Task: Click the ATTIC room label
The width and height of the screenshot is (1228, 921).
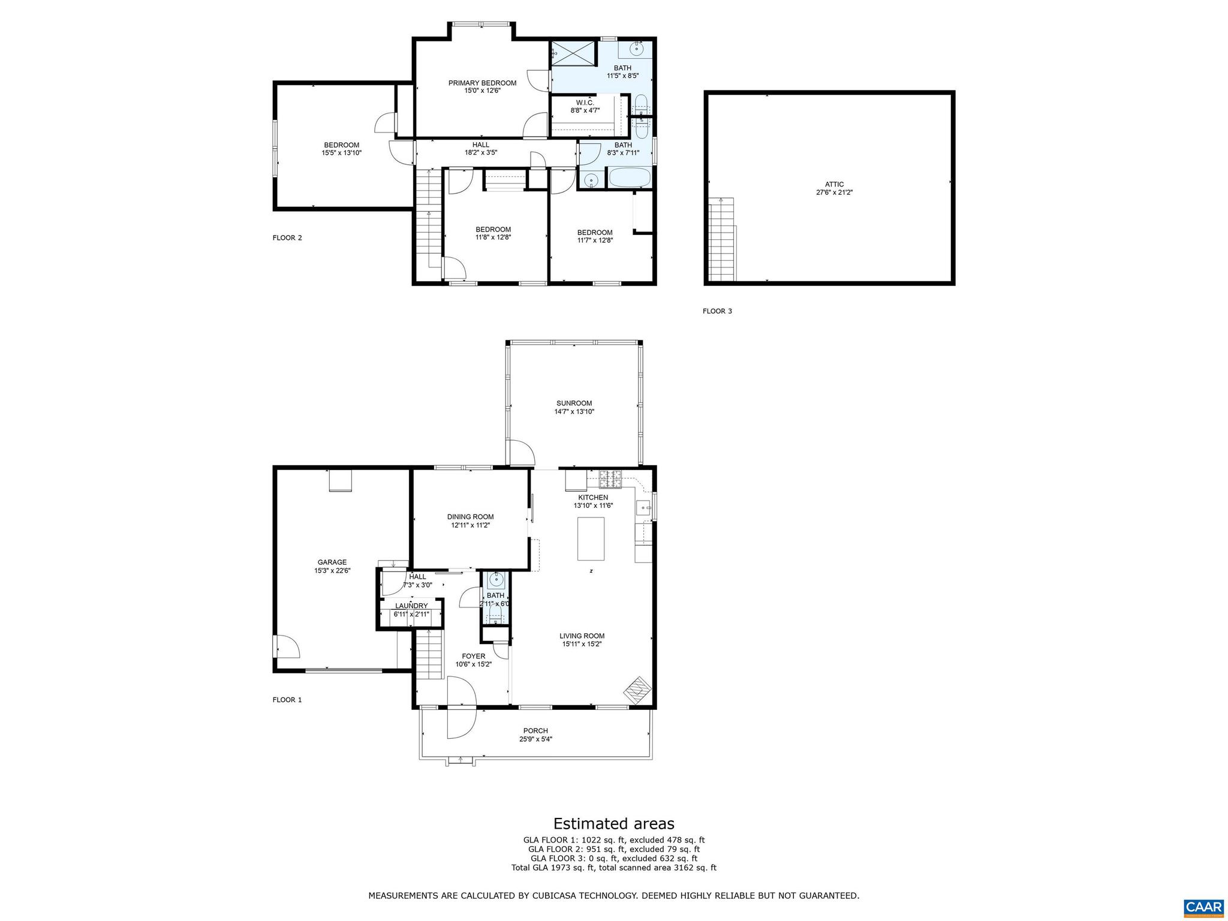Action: pos(834,185)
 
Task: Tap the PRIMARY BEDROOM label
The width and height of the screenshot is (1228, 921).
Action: pos(482,83)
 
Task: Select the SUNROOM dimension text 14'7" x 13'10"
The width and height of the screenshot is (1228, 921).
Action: pos(574,412)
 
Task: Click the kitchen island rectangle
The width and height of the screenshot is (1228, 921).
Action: pos(591,538)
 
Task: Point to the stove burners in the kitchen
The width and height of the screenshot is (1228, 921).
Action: pos(610,478)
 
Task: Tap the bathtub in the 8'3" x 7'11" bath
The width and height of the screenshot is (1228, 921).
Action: pos(629,179)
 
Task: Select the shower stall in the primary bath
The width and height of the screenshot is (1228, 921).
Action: pos(574,53)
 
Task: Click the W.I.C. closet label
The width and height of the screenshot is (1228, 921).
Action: pos(585,103)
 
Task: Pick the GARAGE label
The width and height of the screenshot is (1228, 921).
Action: pos(332,562)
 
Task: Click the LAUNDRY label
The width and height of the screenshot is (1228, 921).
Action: pos(411,606)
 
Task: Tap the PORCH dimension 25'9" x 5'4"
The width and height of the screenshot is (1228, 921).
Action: pos(535,739)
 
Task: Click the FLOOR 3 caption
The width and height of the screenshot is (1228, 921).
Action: pos(717,311)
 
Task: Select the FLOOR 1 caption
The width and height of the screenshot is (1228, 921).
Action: pos(287,700)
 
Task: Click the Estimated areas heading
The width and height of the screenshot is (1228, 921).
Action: pos(613,823)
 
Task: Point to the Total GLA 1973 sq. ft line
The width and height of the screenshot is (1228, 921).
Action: pos(613,868)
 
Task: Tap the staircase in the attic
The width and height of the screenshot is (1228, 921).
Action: pos(722,240)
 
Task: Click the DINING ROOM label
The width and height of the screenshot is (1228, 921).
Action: pos(470,517)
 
